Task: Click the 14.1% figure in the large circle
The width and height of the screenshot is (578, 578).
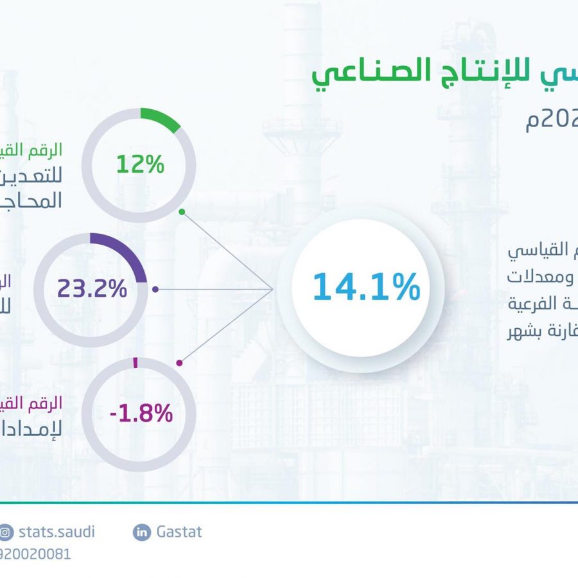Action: point(366,286)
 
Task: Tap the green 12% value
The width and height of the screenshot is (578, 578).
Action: point(141,164)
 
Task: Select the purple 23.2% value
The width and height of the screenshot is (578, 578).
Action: point(92,289)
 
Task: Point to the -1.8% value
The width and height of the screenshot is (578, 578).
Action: point(141,413)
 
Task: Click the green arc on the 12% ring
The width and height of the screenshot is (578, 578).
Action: point(161,119)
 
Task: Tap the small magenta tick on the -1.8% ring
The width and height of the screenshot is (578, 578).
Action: point(136,362)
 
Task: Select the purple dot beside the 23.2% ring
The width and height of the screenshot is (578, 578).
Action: point(156,290)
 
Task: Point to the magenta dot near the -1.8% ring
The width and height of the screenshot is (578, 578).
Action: point(180,363)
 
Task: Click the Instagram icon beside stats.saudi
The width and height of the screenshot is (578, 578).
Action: point(6,532)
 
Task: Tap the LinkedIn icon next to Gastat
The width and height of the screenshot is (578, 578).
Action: point(141,532)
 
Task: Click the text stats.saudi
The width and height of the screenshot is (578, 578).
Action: point(56,532)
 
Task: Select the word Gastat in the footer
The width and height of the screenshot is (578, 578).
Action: point(179,532)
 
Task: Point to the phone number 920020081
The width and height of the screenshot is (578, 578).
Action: point(35,554)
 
